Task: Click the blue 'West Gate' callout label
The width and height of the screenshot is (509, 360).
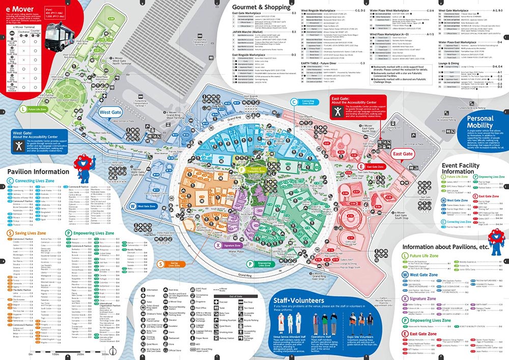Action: [x=111, y=112]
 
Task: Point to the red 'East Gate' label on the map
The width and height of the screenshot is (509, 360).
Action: [x=403, y=154]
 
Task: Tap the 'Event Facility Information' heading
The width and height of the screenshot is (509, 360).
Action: [x=460, y=169]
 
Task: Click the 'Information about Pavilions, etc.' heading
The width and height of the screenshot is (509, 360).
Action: [x=445, y=247]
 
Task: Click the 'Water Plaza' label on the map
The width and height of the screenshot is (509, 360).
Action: [x=237, y=251]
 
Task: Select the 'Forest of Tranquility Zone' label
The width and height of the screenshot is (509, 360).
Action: [x=254, y=170]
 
